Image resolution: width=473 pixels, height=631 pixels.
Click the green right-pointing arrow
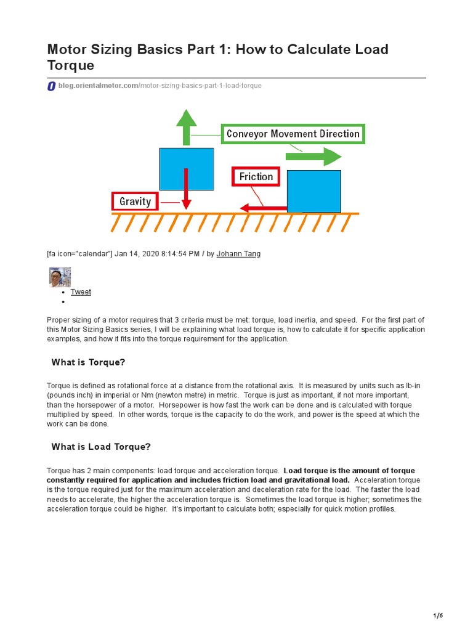pyautogui.click(x=315, y=157)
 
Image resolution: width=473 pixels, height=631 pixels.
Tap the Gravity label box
pyautogui.click(x=135, y=202)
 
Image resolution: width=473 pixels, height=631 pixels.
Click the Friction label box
pyautogui.click(x=256, y=177)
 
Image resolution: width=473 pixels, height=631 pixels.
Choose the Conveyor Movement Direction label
pyautogui.click(x=293, y=134)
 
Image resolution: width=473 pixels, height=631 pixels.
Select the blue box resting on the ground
pyautogui.click(x=313, y=191)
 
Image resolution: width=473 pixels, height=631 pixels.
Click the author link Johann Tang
pyautogui.click(x=238, y=254)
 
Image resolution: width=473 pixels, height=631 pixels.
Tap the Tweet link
pyautogui.click(x=81, y=292)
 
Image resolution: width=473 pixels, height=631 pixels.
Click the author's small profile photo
pyautogui.click(x=60, y=277)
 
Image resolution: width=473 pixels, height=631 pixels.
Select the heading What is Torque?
pyautogui.click(x=92, y=362)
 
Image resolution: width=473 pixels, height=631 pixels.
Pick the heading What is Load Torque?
pyautogui.click(x=101, y=447)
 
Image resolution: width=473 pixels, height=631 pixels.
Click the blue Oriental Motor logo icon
pyautogui.click(x=51, y=86)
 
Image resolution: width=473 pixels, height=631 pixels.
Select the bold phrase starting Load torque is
pyautogui.click(x=349, y=471)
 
